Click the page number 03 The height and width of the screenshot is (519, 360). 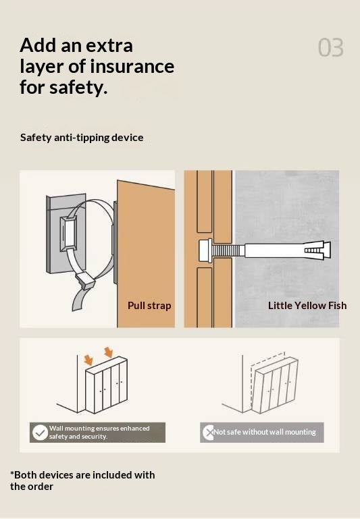[x=330, y=48]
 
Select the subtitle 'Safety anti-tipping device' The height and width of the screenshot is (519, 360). [x=82, y=138]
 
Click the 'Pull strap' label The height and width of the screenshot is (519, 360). [x=149, y=305]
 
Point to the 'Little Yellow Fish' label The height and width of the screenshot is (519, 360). [x=307, y=305]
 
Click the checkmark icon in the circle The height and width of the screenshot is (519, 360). [x=40, y=433]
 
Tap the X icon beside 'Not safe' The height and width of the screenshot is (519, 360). [x=209, y=433]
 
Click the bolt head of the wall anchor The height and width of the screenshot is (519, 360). [x=205, y=251]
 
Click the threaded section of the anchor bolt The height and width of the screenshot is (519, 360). [x=228, y=250]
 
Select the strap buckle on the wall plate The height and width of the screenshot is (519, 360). [x=68, y=234]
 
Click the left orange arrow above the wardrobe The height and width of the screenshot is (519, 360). [x=88, y=360]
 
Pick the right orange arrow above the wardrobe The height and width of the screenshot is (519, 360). [x=108, y=352]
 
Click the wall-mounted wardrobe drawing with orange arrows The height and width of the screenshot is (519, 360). [x=106, y=385]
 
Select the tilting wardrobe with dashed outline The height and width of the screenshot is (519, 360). [x=274, y=384]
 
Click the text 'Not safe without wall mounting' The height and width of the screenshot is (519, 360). [x=265, y=432]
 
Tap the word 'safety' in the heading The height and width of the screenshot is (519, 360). [x=78, y=87]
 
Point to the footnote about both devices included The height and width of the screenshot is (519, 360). [x=82, y=481]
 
